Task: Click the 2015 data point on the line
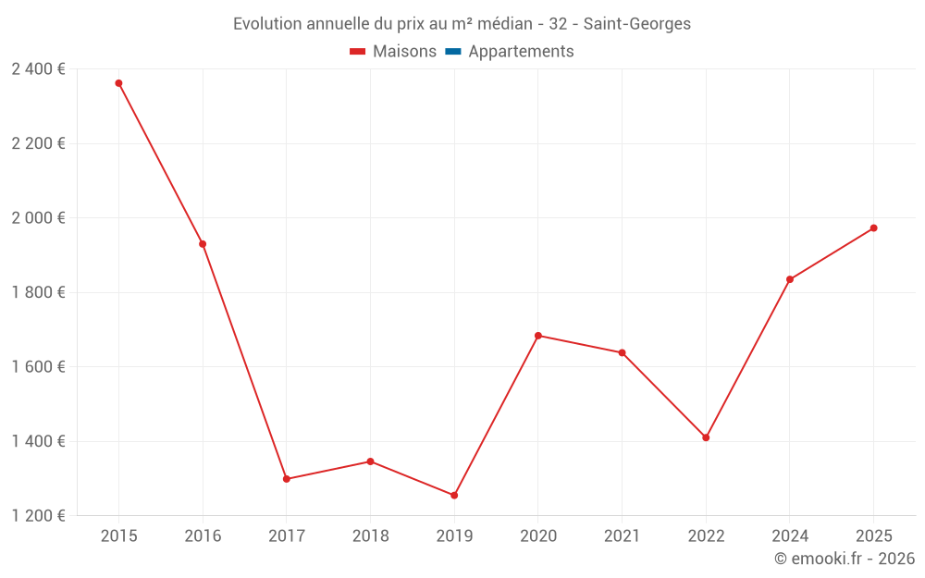click(x=118, y=83)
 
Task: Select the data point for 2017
click(x=287, y=479)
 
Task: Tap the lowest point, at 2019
click(x=454, y=496)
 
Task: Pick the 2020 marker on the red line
click(x=538, y=336)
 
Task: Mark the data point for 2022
click(x=706, y=437)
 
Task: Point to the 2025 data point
click(x=873, y=228)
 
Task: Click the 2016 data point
click(x=203, y=244)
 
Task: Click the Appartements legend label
click(x=521, y=52)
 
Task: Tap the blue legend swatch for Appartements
click(x=452, y=52)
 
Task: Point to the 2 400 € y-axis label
click(x=38, y=69)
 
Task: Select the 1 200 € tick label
click(x=38, y=516)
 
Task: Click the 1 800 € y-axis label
click(x=38, y=292)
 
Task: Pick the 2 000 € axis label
click(x=38, y=218)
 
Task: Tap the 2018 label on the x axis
click(x=370, y=536)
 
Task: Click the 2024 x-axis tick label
click(x=789, y=536)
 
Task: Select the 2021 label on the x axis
click(x=622, y=536)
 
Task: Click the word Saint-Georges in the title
click(x=637, y=24)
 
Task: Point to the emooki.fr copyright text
click(x=845, y=559)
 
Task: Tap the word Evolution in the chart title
click(x=266, y=24)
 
